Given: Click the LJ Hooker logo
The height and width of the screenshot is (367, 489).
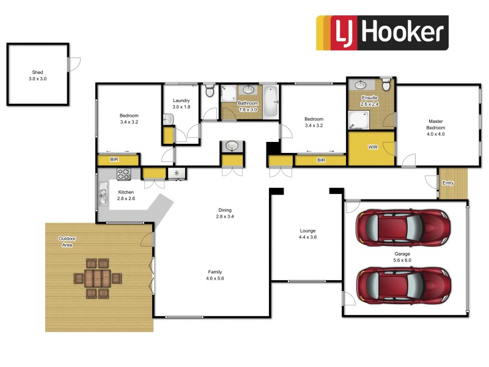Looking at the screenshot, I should [x=382, y=32].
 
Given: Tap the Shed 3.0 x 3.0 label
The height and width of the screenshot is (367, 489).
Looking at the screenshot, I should [x=37, y=75].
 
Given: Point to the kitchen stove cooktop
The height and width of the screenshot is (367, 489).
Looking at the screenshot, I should [x=123, y=174].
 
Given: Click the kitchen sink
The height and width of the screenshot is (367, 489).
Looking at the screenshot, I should [x=102, y=197].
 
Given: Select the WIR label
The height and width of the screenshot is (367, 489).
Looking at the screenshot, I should [x=372, y=147].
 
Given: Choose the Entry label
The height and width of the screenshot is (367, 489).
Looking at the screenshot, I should [x=448, y=182].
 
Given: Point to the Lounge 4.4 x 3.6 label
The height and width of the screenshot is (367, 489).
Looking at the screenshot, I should [x=307, y=233].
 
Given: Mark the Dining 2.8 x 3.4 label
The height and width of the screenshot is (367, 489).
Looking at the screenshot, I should [x=225, y=213].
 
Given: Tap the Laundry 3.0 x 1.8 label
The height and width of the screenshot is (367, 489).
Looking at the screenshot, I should [x=182, y=103].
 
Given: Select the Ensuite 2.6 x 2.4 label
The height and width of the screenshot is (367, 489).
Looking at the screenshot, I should [x=370, y=101].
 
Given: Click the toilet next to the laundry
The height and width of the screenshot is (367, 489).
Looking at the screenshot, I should [x=210, y=92].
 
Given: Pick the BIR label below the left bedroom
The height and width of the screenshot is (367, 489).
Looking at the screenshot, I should [x=114, y=160].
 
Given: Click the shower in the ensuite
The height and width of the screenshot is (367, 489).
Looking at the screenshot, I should [x=358, y=120].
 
